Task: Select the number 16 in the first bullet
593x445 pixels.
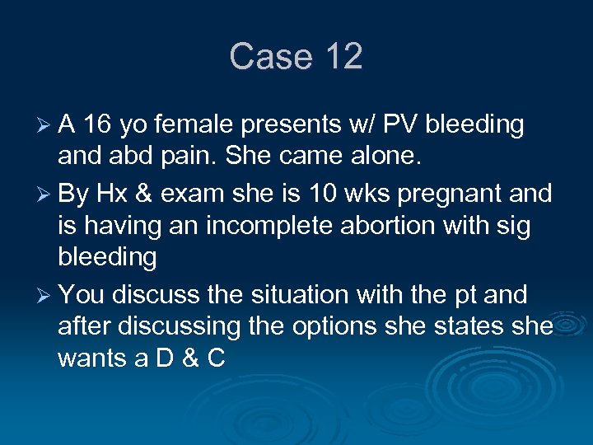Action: [98, 124]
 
